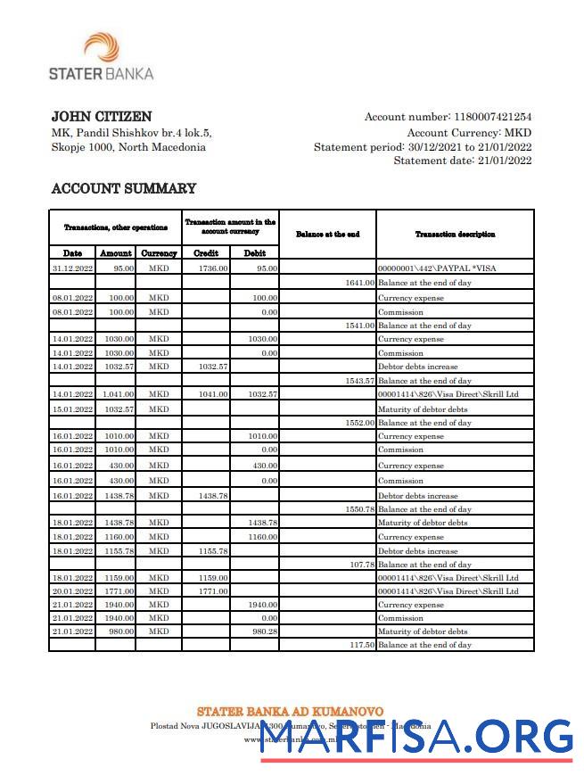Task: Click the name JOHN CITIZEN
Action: click(101, 117)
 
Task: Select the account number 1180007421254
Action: click(493, 117)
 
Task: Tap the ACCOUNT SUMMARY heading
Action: click(123, 188)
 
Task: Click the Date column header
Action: click(72, 253)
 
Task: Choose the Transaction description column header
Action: click(455, 234)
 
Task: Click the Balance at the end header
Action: click(327, 234)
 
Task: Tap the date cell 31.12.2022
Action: click(72, 268)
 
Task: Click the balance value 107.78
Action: click(360, 565)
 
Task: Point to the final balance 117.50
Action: click(360, 645)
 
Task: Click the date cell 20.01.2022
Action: click(72, 590)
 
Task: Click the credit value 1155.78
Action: click(212, 551)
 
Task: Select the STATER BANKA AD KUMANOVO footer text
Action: click(290, 711)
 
